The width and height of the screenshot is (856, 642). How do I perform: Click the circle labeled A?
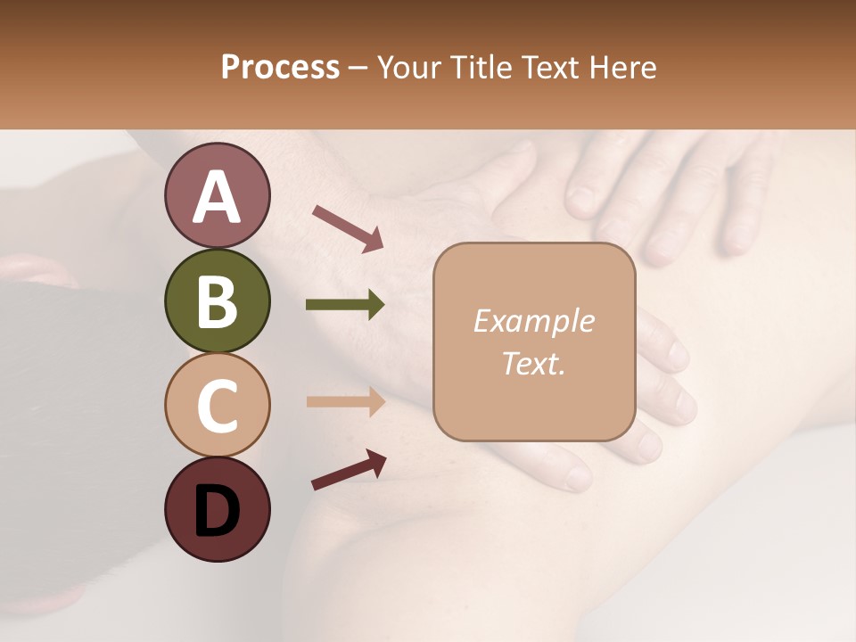(217, 195)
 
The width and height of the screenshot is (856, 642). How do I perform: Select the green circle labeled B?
(217, 300)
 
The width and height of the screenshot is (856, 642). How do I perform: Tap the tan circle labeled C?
(217, 405)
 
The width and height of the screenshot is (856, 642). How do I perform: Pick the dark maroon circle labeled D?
(217, 509)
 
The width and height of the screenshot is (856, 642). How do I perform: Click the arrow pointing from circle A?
(348, 227)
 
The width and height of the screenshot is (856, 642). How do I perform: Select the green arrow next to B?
(345, 305)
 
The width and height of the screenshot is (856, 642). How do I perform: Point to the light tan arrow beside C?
(345, 401)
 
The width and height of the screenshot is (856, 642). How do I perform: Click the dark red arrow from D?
(349, 470)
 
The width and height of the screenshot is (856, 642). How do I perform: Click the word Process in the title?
(280, 68)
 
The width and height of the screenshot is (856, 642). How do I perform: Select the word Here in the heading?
(621, 68)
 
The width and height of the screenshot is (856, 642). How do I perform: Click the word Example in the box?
(533, 321)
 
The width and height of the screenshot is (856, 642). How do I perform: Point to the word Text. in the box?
(533, 363)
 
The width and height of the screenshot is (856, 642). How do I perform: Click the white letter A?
(217, 197)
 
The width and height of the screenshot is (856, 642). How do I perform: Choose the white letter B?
(217, 301)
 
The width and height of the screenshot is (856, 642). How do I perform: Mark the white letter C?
(217, 407)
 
